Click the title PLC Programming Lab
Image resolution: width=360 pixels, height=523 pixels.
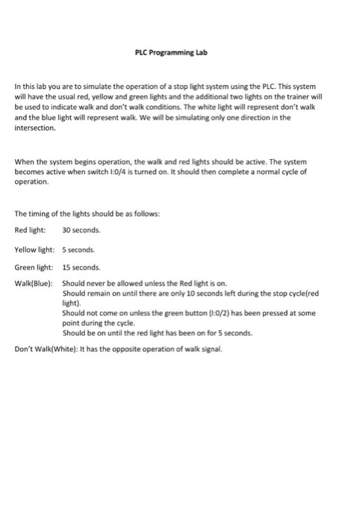click(180, 53)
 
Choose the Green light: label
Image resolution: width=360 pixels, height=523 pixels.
click(34, 267)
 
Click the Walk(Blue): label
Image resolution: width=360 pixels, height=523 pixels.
click(36, 284)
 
